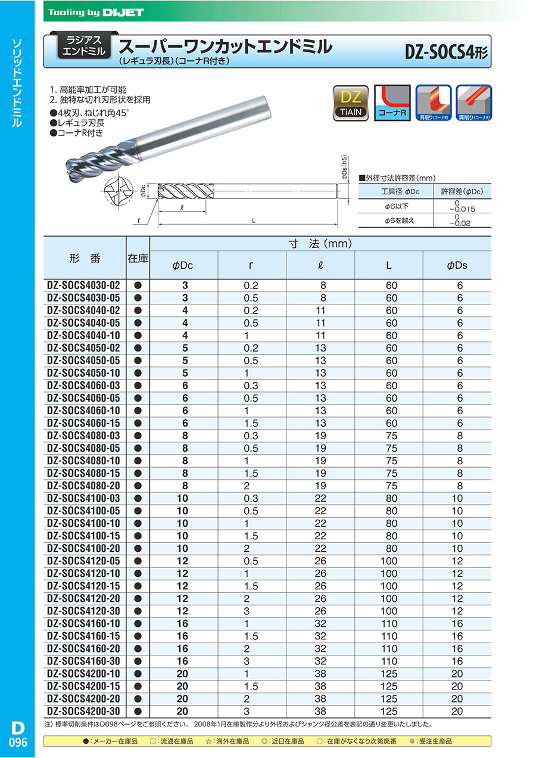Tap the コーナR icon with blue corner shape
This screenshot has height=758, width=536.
point(392,103)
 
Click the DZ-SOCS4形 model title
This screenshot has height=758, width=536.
point(446,52)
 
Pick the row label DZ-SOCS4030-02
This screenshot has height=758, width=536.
point(83,285)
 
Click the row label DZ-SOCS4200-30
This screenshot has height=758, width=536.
point(83,711)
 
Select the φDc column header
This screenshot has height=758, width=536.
point(183,265)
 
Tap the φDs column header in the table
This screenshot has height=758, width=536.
point(457,265)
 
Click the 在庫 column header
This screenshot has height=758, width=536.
point(138,258)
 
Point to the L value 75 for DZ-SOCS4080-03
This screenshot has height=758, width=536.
point(391,436)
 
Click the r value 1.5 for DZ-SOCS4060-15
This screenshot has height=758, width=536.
point(251,423)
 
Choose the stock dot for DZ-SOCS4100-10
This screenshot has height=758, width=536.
point(138,523)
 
